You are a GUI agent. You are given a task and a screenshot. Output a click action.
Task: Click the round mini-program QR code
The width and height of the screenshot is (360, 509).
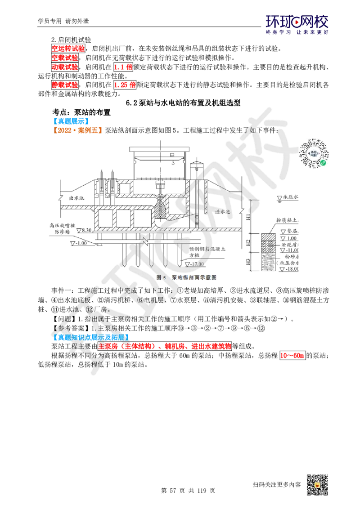313,153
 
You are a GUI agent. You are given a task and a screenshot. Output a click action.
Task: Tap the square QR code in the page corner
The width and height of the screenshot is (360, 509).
319,485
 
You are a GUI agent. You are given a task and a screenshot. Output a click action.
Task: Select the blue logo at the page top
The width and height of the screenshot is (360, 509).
297,24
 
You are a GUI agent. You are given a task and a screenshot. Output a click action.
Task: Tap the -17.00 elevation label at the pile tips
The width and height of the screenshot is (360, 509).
197,264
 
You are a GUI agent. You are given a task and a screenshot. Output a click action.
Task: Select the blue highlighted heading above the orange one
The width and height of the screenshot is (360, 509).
72,121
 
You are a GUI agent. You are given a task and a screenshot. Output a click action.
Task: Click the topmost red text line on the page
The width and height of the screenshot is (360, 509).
68,48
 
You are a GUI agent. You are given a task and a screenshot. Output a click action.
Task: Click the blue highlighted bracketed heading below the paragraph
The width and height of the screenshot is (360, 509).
91,337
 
